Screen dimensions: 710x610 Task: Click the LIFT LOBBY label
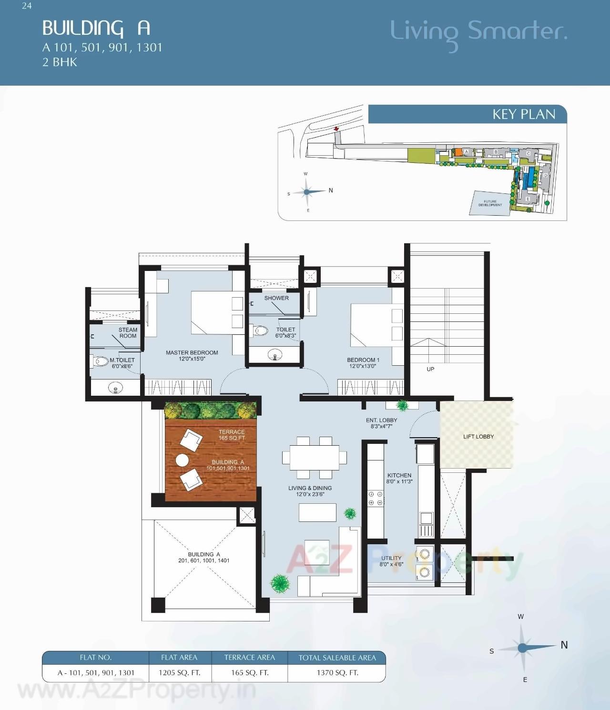pyautogui.click(x=478, y=437)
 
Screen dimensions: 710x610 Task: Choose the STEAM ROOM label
pyautogui.click(x=128, y=333)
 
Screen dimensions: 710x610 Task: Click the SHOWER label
pyautogui.click(x=276, y=298)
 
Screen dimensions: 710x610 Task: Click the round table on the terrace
pyautogui.click(x=182, y=460)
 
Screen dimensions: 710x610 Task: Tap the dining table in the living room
pyautogui.click(x=315, y=457)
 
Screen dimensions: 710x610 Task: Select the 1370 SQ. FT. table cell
pyautogui.click(x=337, y=673)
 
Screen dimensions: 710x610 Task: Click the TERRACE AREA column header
pyautogui.click(x=250, y=658)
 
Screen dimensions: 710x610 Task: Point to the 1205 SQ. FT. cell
pyautogui.click(x=179, y=673)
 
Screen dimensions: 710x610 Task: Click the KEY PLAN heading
pyautogui.click(x=524, y=114)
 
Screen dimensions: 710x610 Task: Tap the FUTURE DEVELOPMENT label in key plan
pyautogui.click(x=490, y=203)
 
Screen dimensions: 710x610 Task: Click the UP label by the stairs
pyautogui.click(x=430, y=369)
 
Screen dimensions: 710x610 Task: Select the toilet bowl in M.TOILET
pyautogui.click(x=101, y=361)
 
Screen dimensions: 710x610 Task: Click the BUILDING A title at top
pyautogui.click(x=96, y=28)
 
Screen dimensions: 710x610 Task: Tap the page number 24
pyautogui.click(x=27, y=6)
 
